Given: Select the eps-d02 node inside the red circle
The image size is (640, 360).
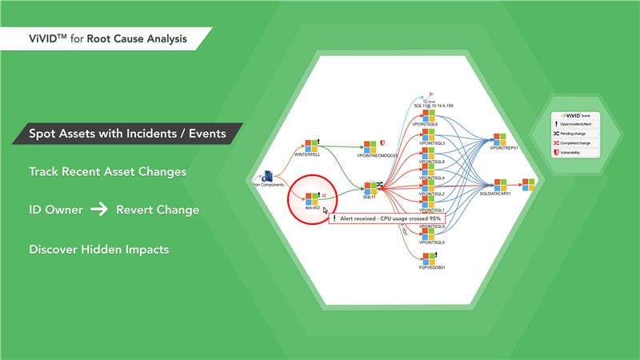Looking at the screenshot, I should coord(311,198).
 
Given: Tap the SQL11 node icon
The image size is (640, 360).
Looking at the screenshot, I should coord(369,188).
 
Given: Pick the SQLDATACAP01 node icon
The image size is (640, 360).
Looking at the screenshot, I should coord(500,185).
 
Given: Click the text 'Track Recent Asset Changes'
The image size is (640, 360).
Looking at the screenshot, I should coord(108,171).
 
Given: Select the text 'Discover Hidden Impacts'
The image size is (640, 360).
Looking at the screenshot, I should coord(99,249).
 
